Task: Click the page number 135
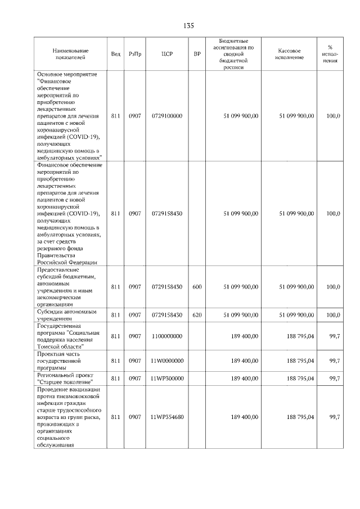188,26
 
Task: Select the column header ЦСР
166,54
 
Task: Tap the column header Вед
115,54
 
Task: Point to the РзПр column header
134,54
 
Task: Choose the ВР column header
197,54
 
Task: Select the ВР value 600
197,287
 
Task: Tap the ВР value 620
197,315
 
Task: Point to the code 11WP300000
167,379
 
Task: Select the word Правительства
60,255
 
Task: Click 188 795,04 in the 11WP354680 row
300,417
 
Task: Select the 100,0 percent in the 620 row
333,315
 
